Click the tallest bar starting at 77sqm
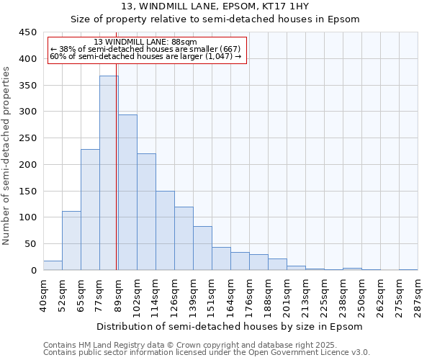[x=109, y=173]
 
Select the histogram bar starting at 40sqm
[x=53, y=265]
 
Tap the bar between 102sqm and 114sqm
[x=146, y=212]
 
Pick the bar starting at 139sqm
[x=202, y=248]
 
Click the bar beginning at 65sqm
[x=90, y=210]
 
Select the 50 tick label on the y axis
[x=31, y=244]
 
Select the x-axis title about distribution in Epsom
[x=230, y=326]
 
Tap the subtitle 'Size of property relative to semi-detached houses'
[x=215, y=19]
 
